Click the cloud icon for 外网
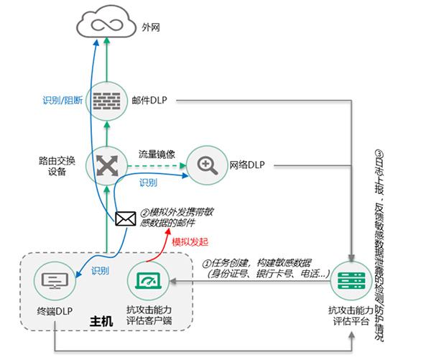click(106, 25)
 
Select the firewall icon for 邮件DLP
click(106, 101)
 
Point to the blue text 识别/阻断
click(63, 99)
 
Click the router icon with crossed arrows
click(106, 165)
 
